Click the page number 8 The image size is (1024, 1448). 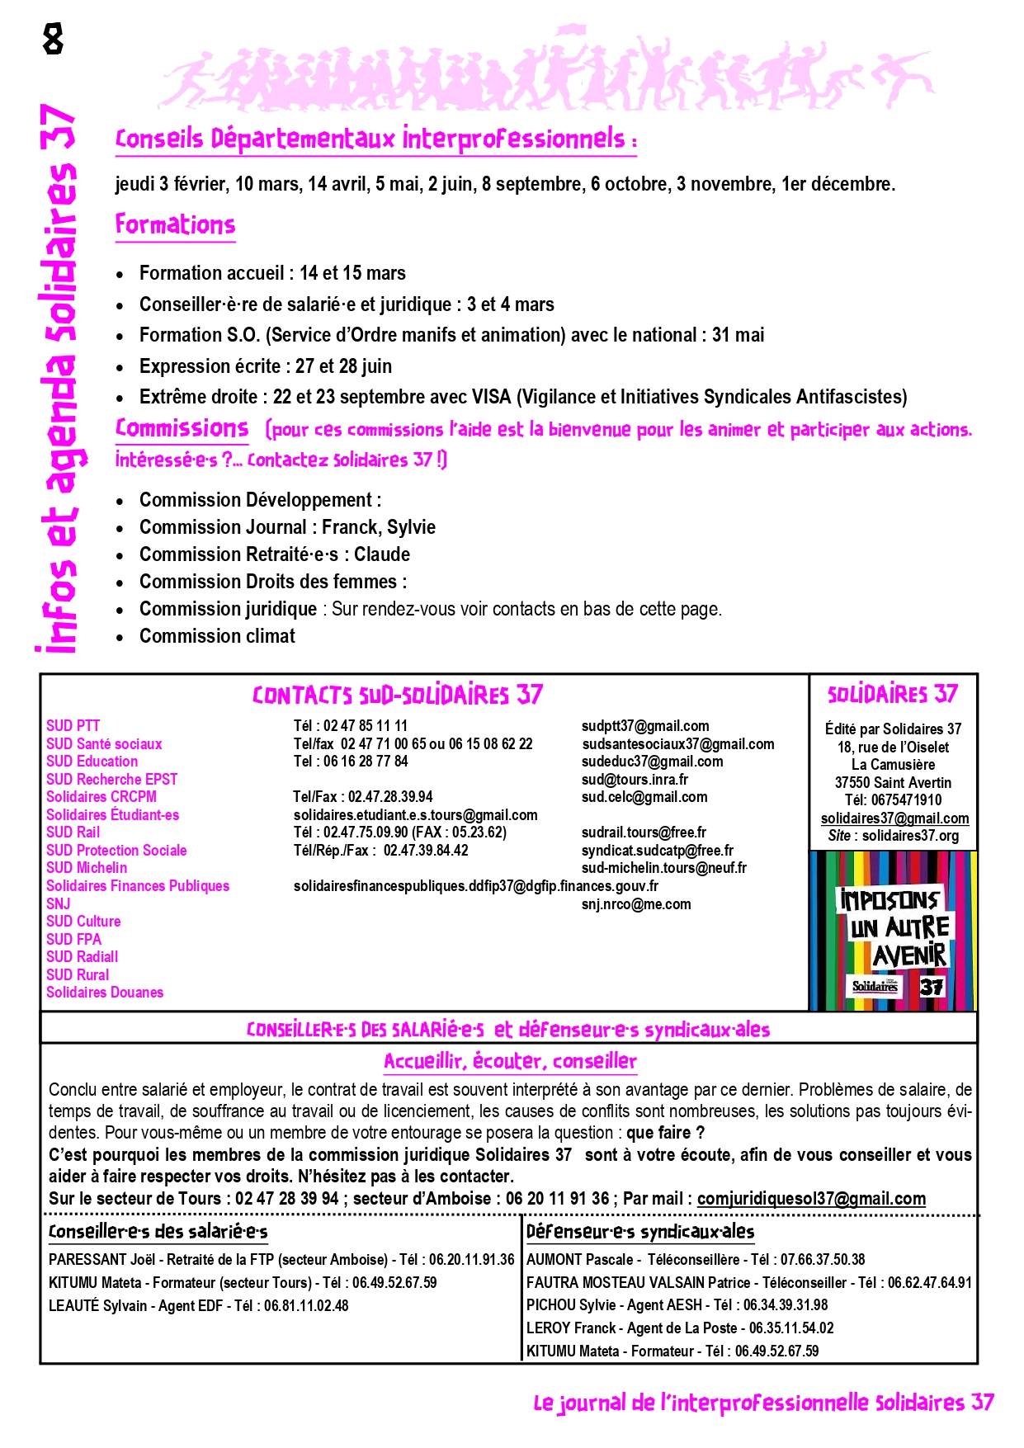[x=53, y=39]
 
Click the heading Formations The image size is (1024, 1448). [x=175, y=224]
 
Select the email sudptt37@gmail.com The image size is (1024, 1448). [x=644, y=726]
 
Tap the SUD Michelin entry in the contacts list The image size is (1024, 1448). [x=87, y=868]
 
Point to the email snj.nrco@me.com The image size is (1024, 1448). [x=636, y=904]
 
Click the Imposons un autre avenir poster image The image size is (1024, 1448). [x=893, y=931]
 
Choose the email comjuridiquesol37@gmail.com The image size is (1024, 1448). [x=811, y=1199]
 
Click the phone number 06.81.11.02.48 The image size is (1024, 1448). [x=306, y=1306]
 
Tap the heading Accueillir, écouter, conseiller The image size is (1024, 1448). [x=510, y=1061]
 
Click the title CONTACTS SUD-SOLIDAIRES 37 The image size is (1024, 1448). [x=398, y=696]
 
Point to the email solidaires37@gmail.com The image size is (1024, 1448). [x=894, y=818]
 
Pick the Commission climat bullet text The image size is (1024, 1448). [x=217, y=636]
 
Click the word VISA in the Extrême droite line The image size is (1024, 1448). [x=492, y=397]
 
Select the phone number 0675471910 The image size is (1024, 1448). [x=906, y=800]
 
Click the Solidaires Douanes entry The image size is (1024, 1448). [x=105, y=993]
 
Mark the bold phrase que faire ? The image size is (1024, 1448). [x=665, y=1133]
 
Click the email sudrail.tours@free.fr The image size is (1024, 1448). [x=644, y=832]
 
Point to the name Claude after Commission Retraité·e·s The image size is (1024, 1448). [x=382, y=554]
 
